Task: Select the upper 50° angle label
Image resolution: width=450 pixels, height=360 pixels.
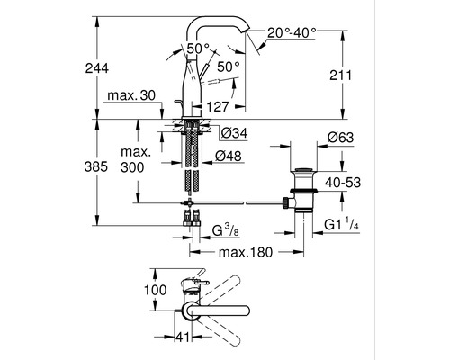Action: [x=198, y=47]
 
